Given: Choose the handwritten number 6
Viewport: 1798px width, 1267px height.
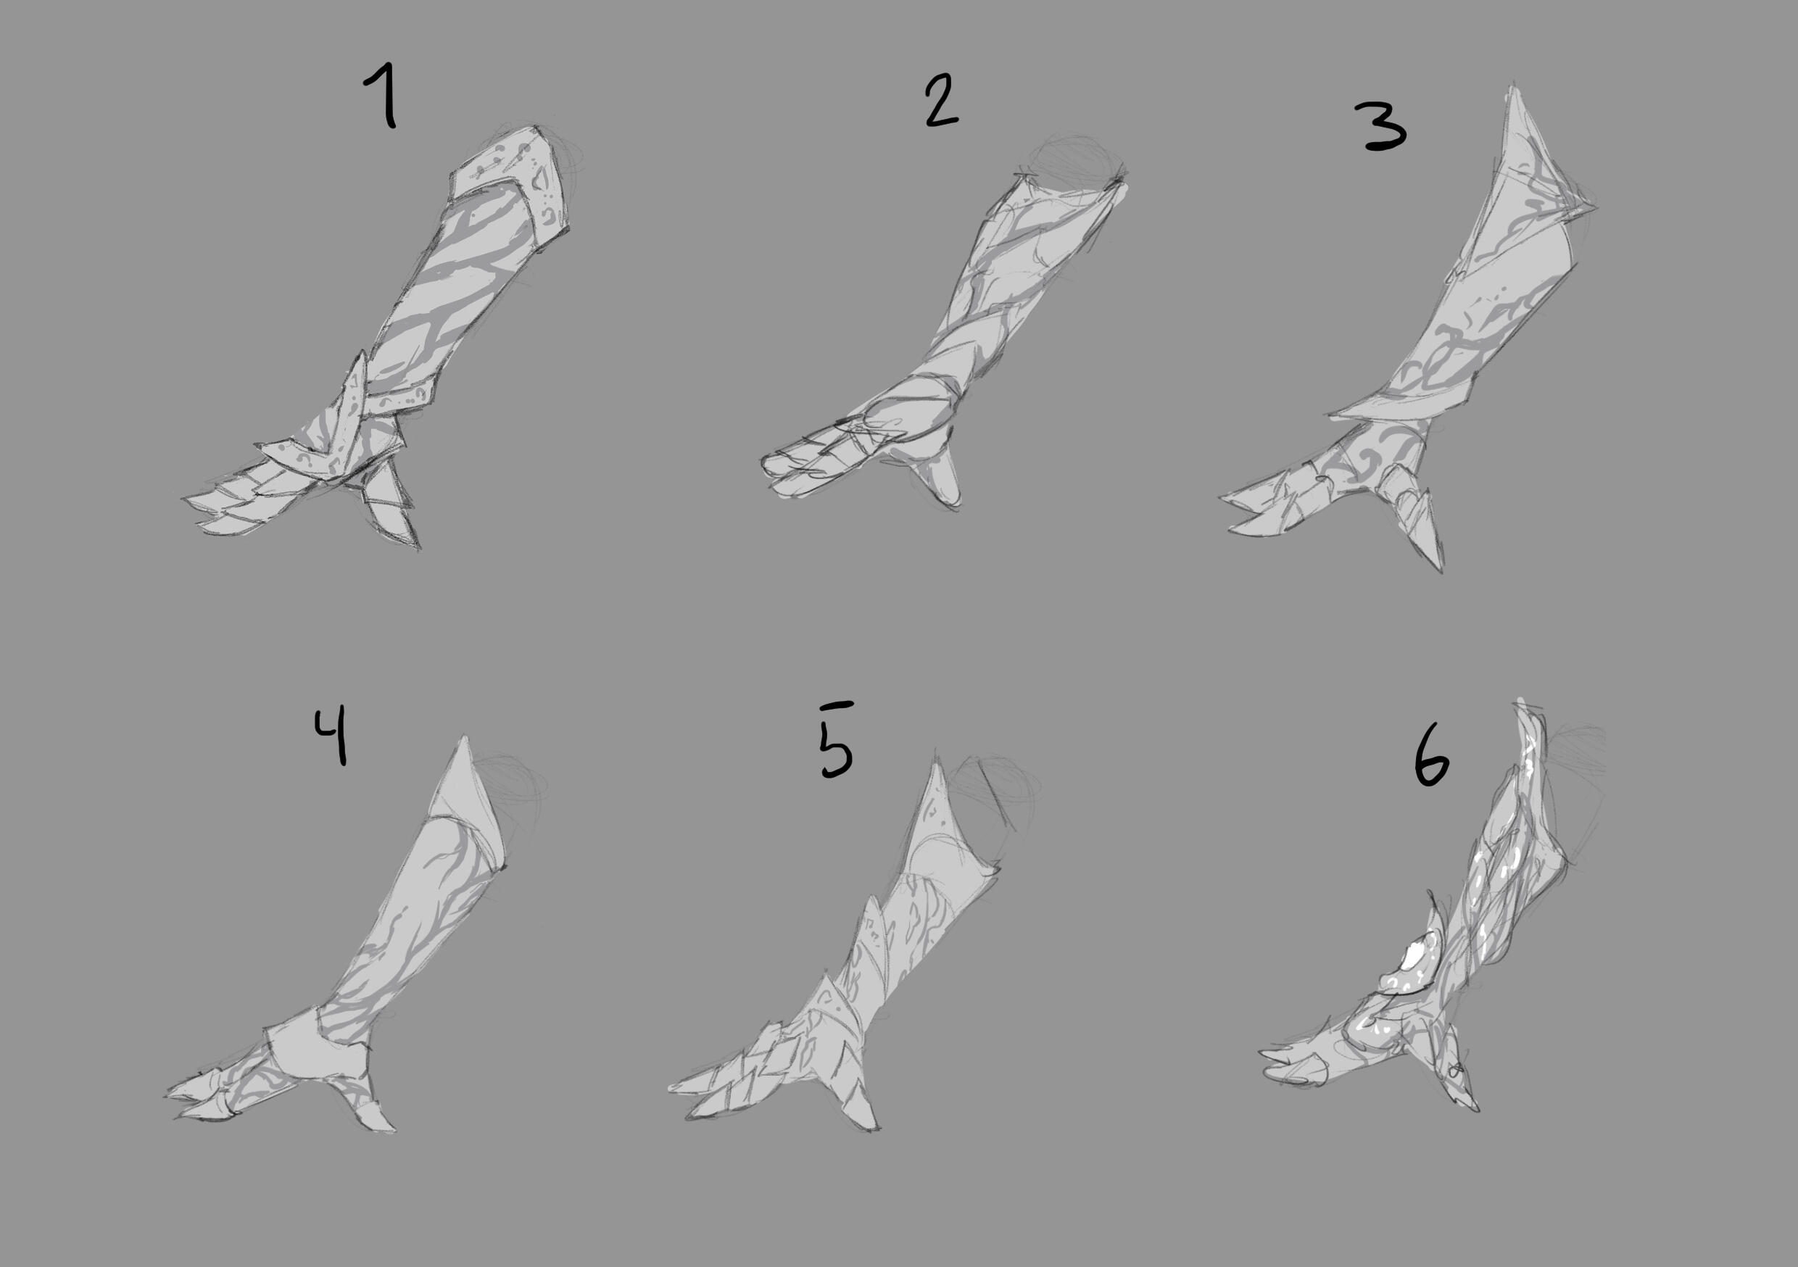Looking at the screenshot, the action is coord(1431,759).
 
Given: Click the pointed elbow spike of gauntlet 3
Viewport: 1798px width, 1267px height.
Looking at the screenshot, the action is coord(1523,141).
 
